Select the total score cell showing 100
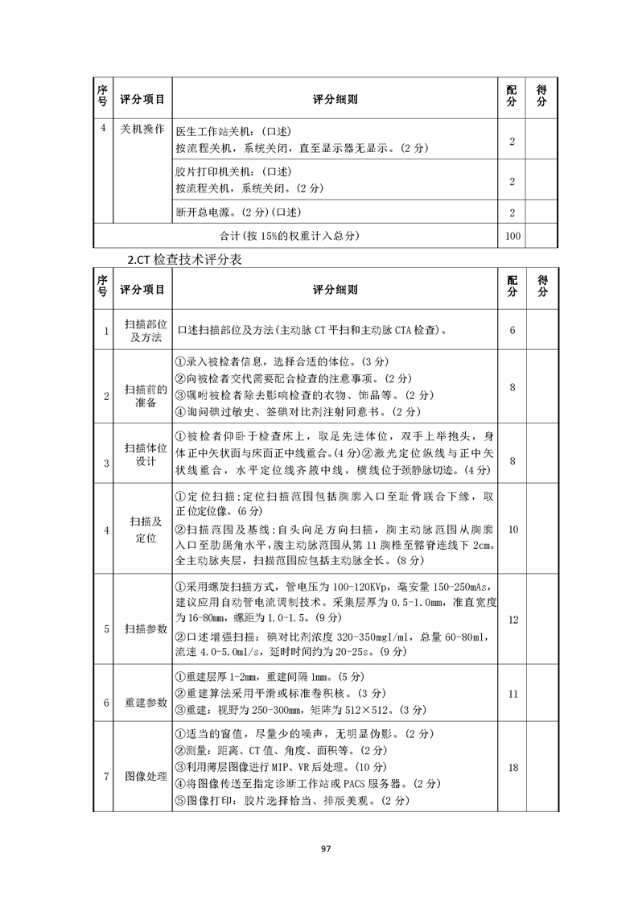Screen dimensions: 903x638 (512, 236)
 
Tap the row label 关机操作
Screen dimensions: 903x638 (142, 129)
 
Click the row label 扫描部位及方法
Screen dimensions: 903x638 (142, 330)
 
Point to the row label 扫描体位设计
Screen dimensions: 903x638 (142, 454)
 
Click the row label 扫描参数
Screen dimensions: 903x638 (142, 629)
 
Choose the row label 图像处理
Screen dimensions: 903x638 (142, 777)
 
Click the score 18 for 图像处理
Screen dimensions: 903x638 (512, 768)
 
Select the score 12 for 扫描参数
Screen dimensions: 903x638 (512, 619)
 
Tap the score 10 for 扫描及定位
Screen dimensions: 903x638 (512, 529)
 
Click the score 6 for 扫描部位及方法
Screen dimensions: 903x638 (512, 330)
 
